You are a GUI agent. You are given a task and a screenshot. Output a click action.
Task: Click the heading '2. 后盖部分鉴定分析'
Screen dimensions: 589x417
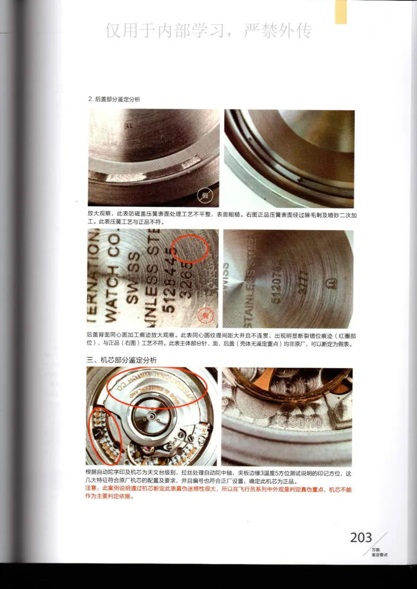pyautogui.click(x=114, y=99)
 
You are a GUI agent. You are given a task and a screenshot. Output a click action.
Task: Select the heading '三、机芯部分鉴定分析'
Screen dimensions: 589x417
pyautogui.click(x=121, y=360)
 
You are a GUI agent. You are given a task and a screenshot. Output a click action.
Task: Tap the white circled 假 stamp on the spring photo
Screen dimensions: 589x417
pyautogui.click(x=205, y=197)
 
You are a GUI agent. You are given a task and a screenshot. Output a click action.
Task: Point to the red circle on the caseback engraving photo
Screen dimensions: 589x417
pyautogui.click(x=190, y=249)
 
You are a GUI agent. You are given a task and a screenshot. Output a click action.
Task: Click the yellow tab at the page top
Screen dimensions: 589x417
pyautogui.click(x=341, y=12)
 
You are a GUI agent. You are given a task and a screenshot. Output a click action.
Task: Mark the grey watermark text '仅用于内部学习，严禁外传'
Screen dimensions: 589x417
pyautogui.click(x=208, y=31)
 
